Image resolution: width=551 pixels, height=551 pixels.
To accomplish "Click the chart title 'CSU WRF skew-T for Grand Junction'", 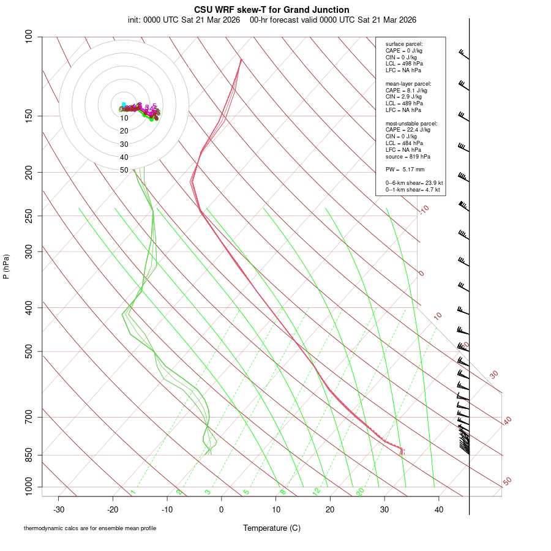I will (272, 10).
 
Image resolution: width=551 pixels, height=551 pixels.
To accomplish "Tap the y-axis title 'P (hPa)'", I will (6, 266).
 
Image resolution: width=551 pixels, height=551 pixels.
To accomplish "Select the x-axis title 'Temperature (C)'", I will (272, 528).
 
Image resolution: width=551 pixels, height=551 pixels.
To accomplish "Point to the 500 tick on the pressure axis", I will (28, 351).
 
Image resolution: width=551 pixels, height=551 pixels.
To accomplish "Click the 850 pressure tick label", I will (28, 455).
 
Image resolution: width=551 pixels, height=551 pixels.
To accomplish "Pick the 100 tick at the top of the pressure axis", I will (28, 37).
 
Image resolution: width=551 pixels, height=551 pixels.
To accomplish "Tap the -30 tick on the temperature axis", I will (59, 509).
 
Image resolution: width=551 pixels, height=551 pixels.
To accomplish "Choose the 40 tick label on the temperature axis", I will (439, 509).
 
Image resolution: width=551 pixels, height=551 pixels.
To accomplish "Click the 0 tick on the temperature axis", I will (222, 509).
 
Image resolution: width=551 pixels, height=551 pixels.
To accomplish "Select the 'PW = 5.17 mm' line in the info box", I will (405, 169).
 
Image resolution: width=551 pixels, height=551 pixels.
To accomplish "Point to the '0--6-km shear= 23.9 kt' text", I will (414, 183).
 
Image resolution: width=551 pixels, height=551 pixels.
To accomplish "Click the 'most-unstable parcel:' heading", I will (411, 123).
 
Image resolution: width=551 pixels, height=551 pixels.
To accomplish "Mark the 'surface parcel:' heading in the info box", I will (404, 44).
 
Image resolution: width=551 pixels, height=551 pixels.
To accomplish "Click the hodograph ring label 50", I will (124, 170).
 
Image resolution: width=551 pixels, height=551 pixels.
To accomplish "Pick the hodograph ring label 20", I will (124, 131).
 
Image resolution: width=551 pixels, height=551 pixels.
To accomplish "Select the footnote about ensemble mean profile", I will (90, 528).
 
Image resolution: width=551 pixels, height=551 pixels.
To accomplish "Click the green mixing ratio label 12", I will (317, 491).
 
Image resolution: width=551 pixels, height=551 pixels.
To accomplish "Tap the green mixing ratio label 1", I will (133, 492).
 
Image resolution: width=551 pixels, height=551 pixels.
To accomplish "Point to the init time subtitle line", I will (272, 20).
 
